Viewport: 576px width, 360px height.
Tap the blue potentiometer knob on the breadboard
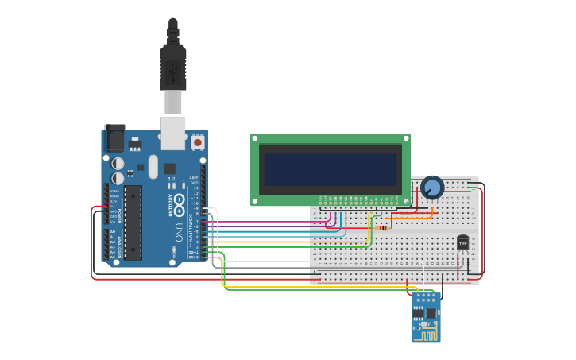pyautogui.click(x=432, y=188)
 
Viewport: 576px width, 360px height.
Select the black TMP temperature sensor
pyautogui.click(x=462, y=242)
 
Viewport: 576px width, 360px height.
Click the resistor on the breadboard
pyautogui.click(x=382, y=227)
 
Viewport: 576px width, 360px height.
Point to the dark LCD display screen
pyautogui.click(x=331, y=169)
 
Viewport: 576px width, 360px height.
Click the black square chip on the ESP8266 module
pyautogui.click(x=431, y=313)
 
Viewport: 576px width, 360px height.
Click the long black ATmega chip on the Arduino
pyautogui.click(x=133, y=222)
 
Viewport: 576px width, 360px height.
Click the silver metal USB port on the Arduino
pyautogui.click(x=172, y=132)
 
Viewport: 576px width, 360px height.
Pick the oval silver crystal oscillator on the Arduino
pyautogui.click(x=152, y=167)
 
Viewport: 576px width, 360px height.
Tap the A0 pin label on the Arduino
pyautogui.click(x=113, y=231)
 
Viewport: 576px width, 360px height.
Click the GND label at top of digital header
pyautogui.click(x=195, y=183)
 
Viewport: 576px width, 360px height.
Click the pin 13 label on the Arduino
pyautogui.click(x=195, y=188)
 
